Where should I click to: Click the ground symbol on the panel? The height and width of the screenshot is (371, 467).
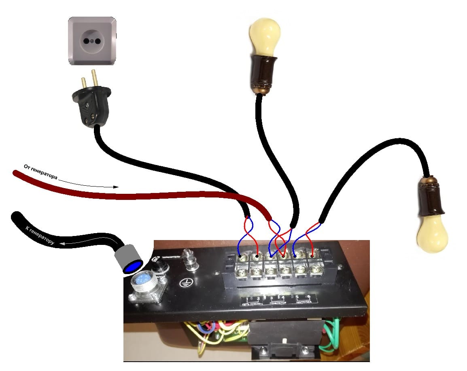click(185, 283)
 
